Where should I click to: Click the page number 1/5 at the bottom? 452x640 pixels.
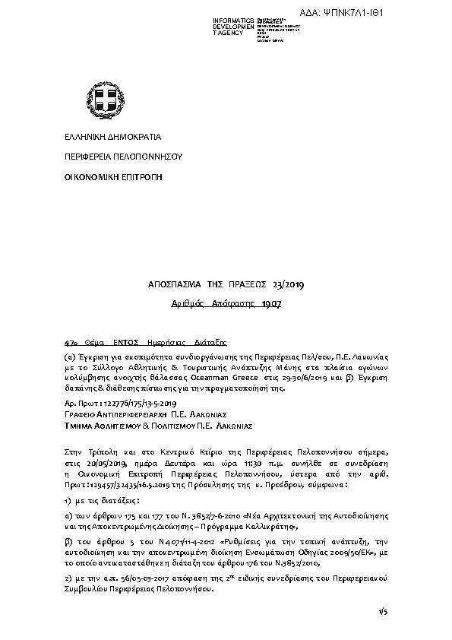[382, 610]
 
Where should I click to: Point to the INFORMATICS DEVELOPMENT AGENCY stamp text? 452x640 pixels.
[235, 26]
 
